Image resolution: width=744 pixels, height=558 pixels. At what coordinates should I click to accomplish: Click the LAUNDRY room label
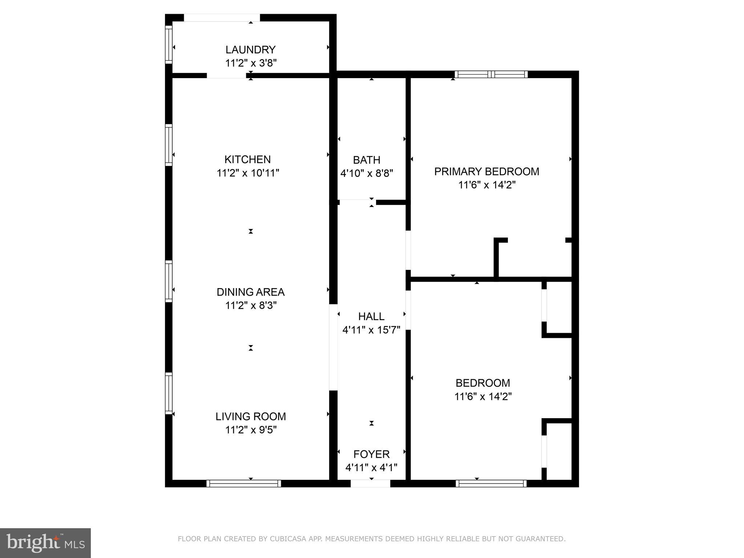250,50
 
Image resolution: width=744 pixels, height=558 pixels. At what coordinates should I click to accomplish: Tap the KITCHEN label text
247,159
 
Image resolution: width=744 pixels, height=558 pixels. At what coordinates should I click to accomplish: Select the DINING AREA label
250,292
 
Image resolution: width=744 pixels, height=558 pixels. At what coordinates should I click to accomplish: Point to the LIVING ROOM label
251,416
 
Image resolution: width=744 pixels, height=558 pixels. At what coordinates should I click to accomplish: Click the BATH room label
367,160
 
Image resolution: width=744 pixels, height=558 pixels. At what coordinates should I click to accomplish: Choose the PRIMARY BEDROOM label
486,171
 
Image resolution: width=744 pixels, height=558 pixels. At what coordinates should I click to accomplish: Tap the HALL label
371,316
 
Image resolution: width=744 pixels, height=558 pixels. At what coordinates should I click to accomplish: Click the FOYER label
371,454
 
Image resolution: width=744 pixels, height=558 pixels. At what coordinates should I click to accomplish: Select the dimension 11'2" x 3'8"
251,63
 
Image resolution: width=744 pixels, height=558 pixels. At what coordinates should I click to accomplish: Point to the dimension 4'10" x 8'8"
367,173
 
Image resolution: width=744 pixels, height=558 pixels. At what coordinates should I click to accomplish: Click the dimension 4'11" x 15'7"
371,330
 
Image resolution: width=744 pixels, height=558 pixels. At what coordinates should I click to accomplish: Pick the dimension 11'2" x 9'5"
251,430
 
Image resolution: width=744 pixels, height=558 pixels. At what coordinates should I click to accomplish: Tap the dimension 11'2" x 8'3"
251,306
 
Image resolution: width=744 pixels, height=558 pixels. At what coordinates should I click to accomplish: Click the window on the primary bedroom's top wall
491,74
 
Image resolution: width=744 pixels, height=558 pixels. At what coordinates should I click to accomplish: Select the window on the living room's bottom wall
243,484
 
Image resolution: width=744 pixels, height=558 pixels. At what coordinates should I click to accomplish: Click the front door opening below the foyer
370,484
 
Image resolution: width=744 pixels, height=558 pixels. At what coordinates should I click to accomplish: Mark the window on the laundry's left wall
169,44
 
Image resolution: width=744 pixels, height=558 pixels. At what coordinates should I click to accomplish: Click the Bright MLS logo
45,543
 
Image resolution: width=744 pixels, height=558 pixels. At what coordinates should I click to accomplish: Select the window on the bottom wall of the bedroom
491,484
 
